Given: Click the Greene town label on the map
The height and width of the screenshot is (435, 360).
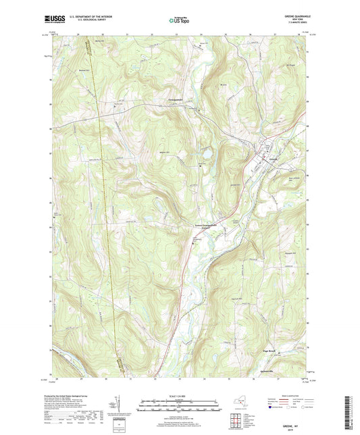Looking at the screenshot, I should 272,161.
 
